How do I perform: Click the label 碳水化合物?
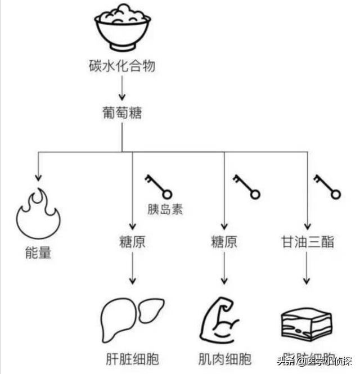[x=122, y=67]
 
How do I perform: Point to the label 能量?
[x=38, y=253]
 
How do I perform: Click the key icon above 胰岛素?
[x=157, y=185]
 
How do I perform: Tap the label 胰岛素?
[x=165, y=210]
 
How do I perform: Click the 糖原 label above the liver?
[x=132, y=242]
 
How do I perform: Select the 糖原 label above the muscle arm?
[x=224, y=242]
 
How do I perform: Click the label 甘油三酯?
[x=308, y=242]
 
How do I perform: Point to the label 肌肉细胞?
[x=224, y=358]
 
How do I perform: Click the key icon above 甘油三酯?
[x=327, y=186]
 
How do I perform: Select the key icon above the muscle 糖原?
[x=246, y=186]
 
